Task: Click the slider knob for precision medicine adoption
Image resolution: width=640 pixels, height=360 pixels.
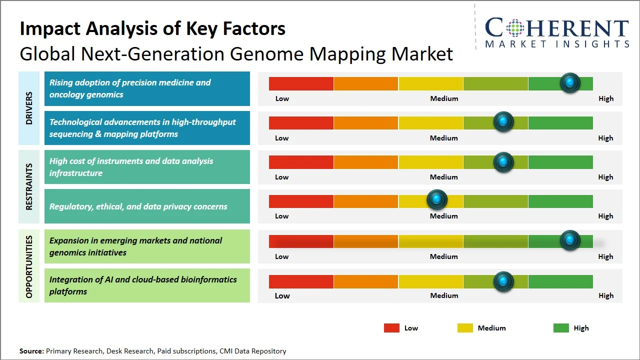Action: coord(569,83)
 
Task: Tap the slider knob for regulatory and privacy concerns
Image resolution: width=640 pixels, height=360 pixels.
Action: coord(437,200)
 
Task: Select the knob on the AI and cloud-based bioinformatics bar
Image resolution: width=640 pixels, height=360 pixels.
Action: coord(503,282)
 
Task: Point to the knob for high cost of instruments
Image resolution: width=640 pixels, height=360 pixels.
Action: coord(503,162)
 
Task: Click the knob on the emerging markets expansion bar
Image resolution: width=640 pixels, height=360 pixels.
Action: coord(569,240)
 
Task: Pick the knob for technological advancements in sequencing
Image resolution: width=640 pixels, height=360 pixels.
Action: coord(503,122)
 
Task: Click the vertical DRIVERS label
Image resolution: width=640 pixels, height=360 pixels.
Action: coord(29,108)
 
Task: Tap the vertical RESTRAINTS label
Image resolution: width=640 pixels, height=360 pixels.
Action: coord(29,186)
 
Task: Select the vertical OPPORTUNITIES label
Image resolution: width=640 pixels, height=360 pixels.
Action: coord(29,266)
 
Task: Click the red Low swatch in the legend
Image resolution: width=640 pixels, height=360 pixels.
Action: coord(391,328)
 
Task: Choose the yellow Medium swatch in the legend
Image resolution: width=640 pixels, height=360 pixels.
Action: coord(465,328)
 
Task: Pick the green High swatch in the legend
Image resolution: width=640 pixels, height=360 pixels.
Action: coord(561,328)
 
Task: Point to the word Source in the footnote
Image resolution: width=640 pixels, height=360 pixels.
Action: coord(31,351)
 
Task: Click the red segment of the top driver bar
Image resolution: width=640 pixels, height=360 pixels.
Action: coord(301,83)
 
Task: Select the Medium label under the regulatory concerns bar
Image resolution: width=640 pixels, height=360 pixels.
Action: coord(444,216)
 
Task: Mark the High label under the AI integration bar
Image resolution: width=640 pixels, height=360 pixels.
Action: coord(605,295)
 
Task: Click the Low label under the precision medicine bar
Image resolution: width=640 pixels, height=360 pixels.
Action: coord(282,98)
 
